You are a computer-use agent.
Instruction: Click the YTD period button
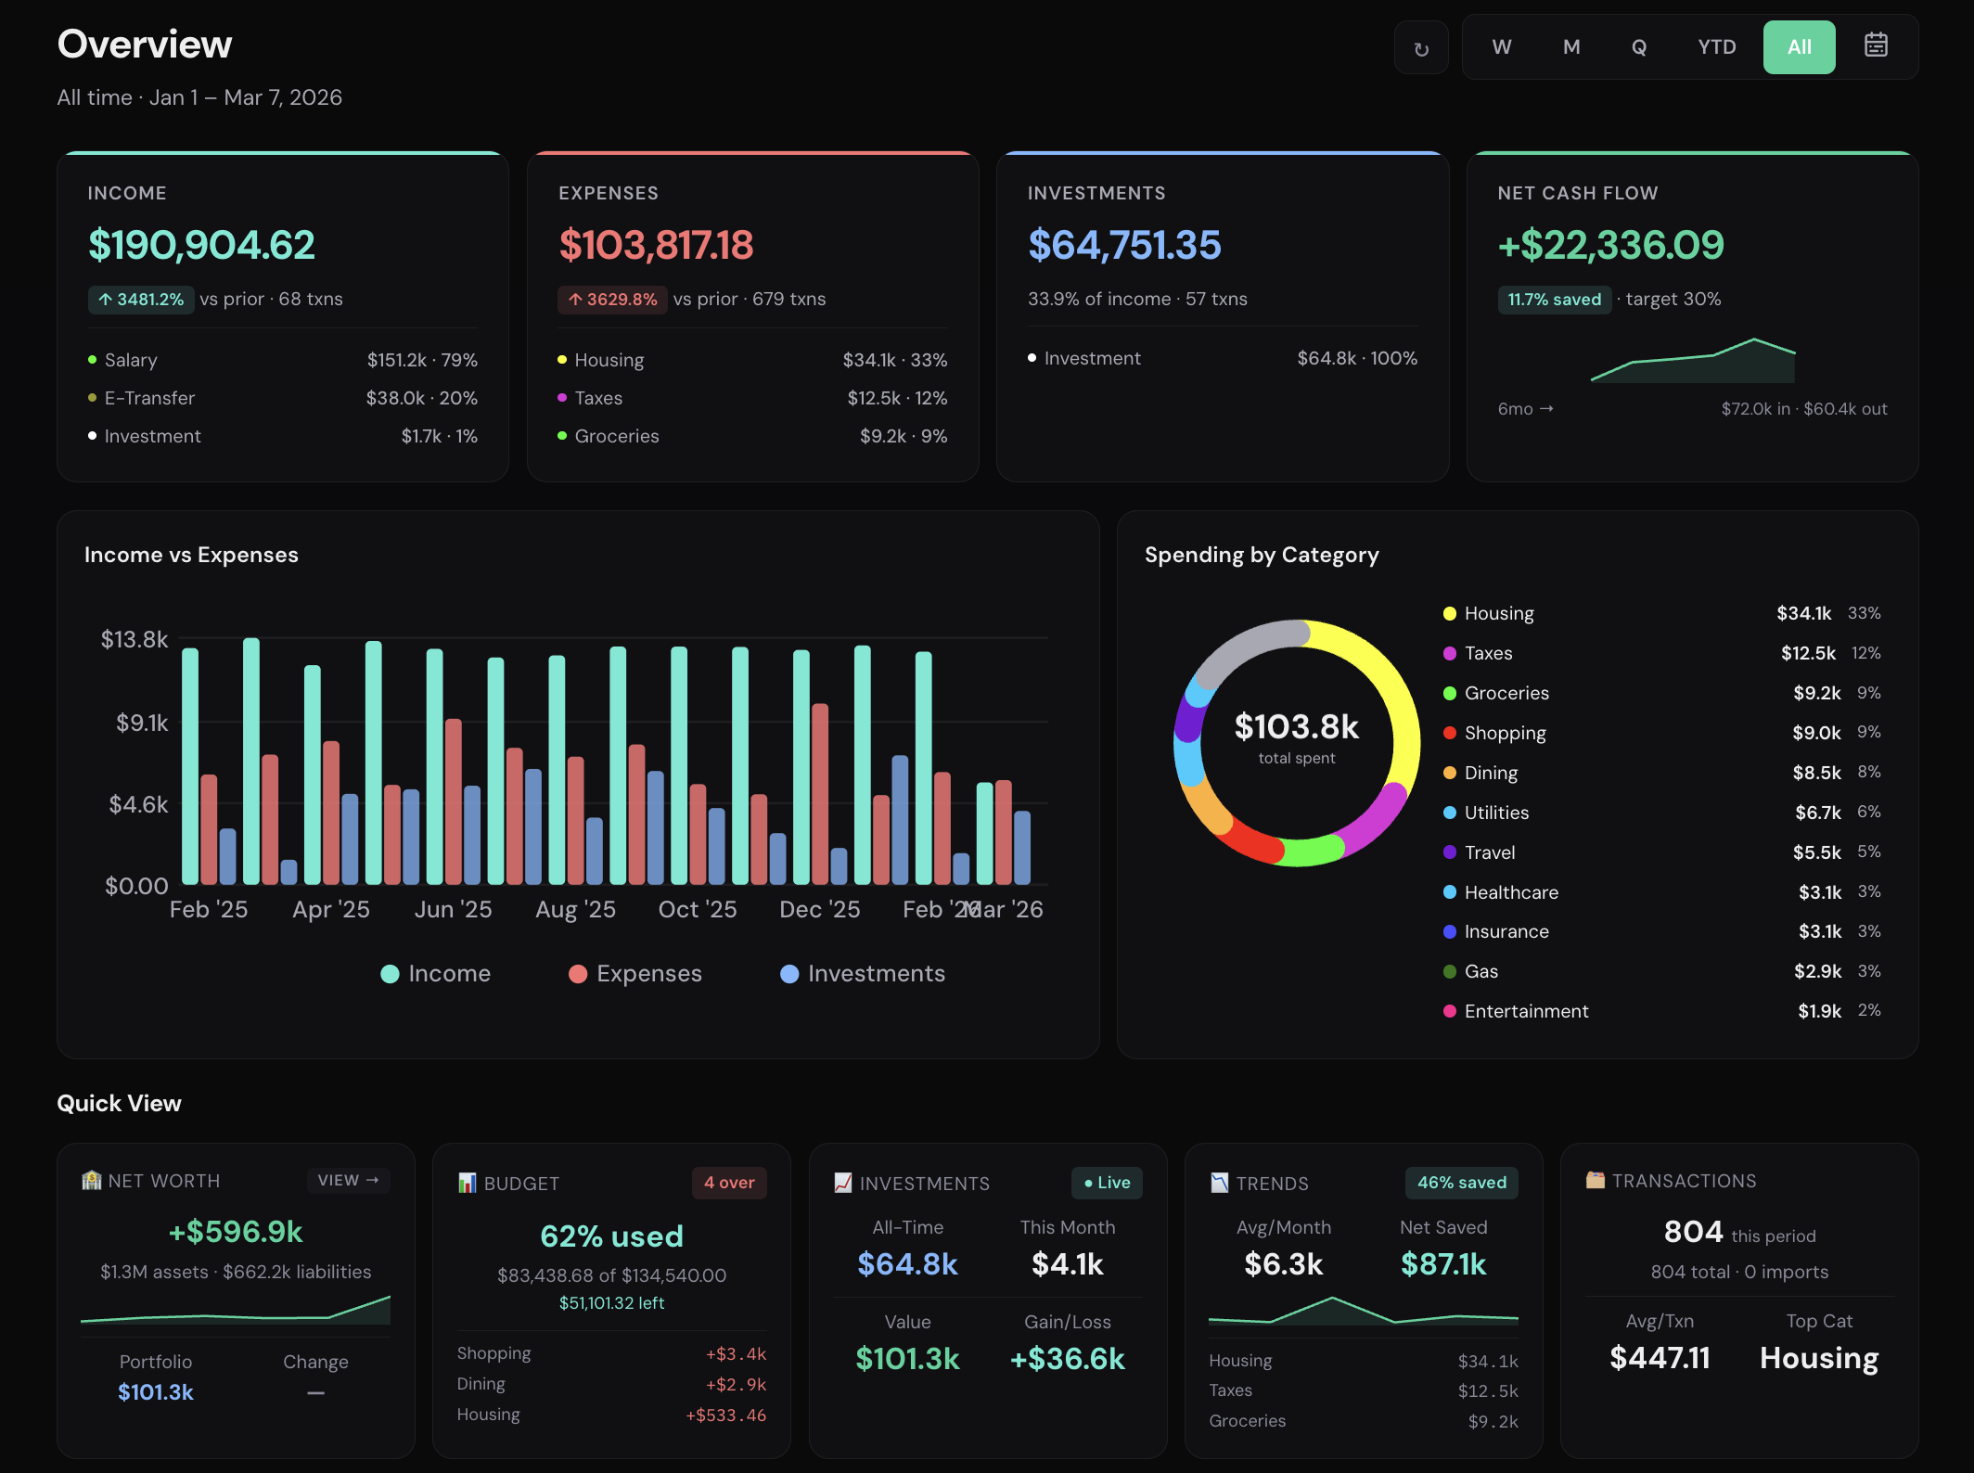point(1716,47)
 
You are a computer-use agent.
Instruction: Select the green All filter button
point(1798,47)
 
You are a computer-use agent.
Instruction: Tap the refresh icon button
point(1420,48)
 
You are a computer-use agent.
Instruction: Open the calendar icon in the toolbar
point(1875,45)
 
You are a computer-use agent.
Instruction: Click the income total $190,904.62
point(201,245)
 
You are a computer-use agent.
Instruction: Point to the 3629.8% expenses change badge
point(612,300)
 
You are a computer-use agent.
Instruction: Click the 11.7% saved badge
point(1554,300)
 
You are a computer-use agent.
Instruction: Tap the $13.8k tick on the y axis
point(135,639)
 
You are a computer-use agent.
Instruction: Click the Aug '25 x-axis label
point(575,909)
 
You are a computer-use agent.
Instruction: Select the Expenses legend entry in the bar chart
point(635,974)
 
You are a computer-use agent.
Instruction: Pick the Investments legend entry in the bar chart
point(863,974)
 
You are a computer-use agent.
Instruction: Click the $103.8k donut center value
point(1296,727)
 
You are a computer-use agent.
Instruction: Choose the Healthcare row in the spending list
point(1511,892)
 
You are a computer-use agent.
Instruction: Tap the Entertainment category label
point(1526,1011)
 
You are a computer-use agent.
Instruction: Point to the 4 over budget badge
point(728,1183)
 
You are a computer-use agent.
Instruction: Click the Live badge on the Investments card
point(1107,1183)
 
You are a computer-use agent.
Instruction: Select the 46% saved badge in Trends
point(1461,1183)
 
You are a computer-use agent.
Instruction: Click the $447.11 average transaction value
point(1660,1358)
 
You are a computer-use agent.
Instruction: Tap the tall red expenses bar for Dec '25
point(820,793)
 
